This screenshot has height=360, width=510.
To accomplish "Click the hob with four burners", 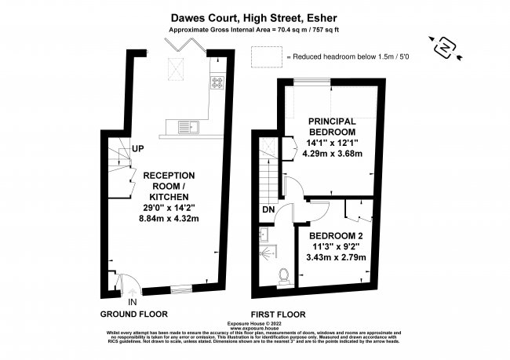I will pos(217,82).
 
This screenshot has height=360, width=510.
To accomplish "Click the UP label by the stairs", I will pos(138,148).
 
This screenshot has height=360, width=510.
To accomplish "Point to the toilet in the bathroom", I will pos(283,275).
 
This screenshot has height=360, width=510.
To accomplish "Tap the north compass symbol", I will pos(444,49).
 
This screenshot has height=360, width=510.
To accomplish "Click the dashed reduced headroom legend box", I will pos(265,56).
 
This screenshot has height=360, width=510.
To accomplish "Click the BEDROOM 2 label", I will pos(335,235).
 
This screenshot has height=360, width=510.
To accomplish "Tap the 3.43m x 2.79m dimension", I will pos(335,256).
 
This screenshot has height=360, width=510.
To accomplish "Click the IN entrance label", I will pos(133,301).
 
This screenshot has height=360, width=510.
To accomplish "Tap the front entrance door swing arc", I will pos(126,282).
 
